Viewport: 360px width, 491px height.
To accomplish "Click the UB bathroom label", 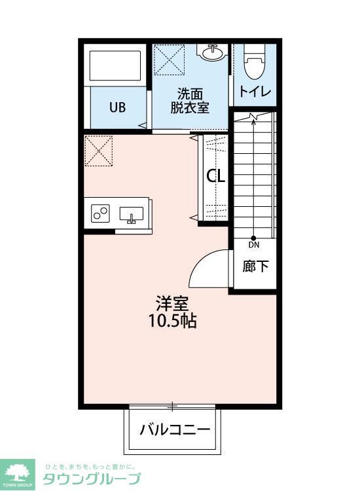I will (x=117, y=107).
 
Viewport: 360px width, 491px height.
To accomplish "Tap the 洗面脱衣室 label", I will (x=190, y=100).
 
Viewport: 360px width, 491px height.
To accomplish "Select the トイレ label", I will (x=255, y=91).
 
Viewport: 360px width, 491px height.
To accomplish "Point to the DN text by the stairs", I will (x=253, y=245).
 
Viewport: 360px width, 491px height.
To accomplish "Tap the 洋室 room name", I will (x=172, y=304).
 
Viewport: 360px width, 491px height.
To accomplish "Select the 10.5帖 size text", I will (x=172, y=321).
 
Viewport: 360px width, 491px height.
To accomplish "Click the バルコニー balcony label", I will (x=174, y=430).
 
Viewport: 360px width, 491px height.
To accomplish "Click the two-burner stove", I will (x=101, y=213).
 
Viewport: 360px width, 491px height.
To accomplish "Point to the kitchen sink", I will (x=132, y=213).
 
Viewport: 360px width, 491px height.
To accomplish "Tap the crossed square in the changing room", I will (x=168, y=60).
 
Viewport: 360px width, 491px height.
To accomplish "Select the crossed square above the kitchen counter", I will (x=99, y=151).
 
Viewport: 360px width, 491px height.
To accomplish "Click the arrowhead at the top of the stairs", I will (x=253, y=118).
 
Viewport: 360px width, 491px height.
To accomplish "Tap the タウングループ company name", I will (x=92, y=479).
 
